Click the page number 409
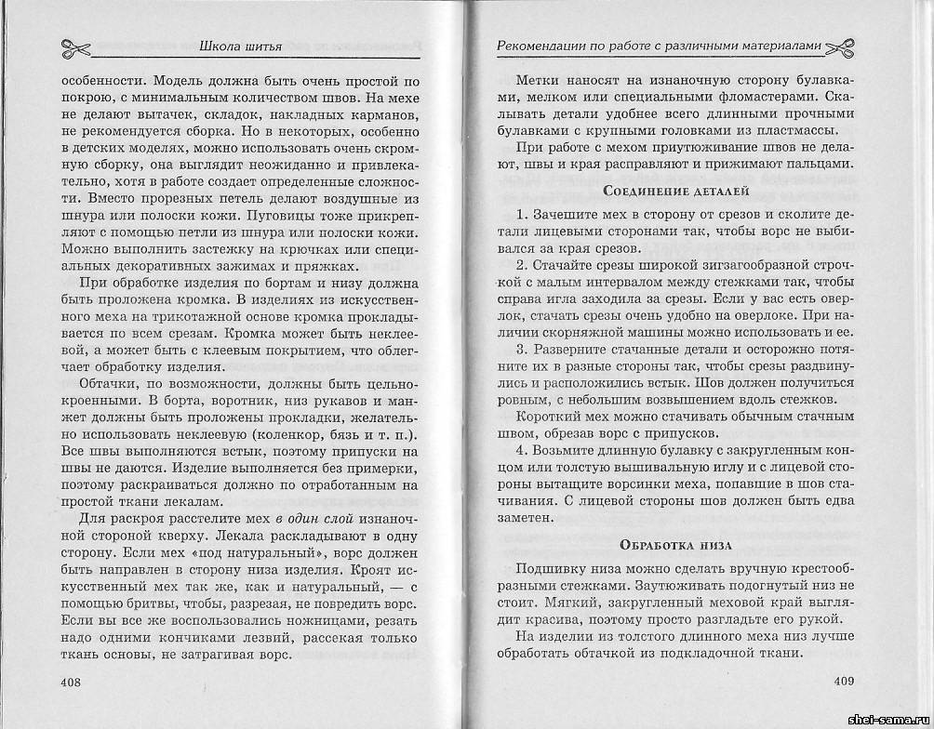pos(844,683)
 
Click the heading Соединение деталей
pos(662,192)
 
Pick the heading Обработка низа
pos(662,543)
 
